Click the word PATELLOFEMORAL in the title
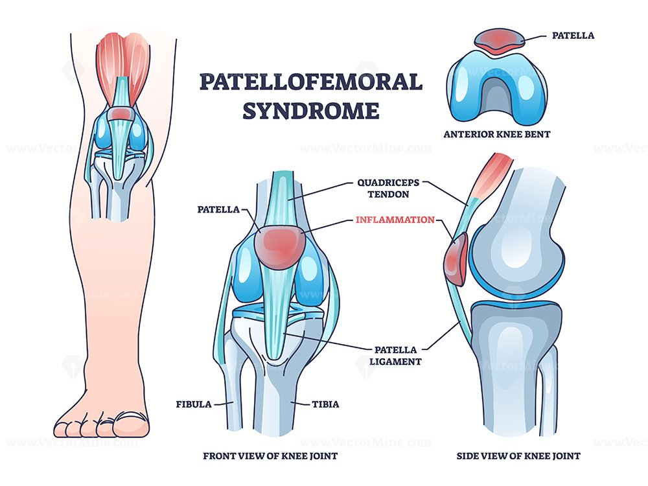pos(311,82)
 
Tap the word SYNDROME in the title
pos(311,110)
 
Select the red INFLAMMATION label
pos(395,220)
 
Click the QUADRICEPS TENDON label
pos(388,189)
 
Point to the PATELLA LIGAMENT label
pos(395,355)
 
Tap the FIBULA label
pos(193,404)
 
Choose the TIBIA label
pos(326,404)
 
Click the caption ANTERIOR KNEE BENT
pos(497,134)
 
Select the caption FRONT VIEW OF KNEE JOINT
pos(270,456)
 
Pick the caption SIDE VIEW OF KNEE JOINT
pos(518,456)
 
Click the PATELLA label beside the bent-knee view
pos(573,36)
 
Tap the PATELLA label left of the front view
pos(218,209)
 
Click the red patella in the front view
pos(279,246)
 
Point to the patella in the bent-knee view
pos(499,40)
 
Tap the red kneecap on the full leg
pos(121,113)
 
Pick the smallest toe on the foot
pos(60,429)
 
